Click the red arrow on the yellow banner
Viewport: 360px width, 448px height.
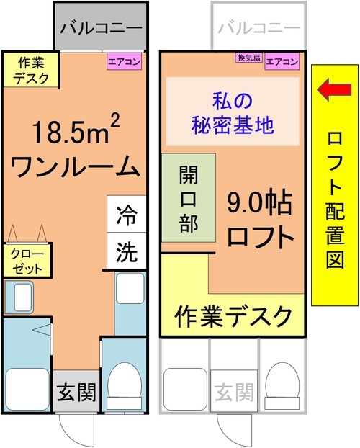point(334,90)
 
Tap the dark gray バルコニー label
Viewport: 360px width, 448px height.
point(101,28)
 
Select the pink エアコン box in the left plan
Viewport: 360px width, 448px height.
point(125,61)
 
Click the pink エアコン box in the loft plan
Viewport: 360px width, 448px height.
point(282,61)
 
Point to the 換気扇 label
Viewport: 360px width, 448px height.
point(249,58)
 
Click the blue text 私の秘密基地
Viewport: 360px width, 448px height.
point(233,113)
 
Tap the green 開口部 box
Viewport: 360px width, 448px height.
point(189,198)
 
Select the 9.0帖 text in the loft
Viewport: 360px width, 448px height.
point(259,204)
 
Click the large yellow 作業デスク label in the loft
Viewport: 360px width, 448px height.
point(233,316)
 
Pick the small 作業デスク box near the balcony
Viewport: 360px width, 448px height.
point(31,70)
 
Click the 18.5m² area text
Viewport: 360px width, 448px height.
point(76,130)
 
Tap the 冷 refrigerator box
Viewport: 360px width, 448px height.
point(127,214)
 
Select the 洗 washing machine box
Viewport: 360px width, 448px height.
point(127,251)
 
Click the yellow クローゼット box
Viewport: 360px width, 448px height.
point(27,260)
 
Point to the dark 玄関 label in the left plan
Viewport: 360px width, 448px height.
point(76,392)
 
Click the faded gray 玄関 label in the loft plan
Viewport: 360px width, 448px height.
point(234,392)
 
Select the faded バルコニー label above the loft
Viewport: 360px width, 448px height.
point(259,28)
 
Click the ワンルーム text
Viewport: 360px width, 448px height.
point(76,166)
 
